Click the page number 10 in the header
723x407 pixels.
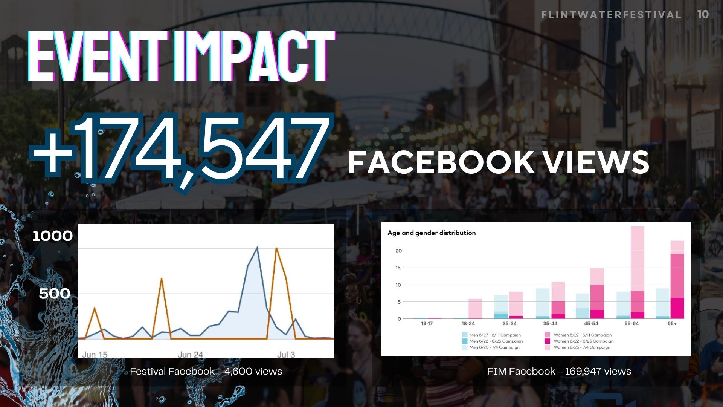(703, 15)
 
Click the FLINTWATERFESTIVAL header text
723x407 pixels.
(611, 15)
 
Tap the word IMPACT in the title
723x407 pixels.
(255, 57)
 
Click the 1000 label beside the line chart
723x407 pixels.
(52, 236)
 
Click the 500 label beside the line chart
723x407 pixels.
(55, 294)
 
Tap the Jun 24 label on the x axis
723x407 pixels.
(190, 355)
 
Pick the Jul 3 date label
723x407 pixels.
(286, 355)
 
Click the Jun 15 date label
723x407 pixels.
(95, 355)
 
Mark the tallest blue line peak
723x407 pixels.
(257, 248)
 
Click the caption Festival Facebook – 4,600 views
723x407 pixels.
(206, 371)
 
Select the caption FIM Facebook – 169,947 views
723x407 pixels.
(559, 371)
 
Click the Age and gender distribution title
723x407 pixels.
(432, 233)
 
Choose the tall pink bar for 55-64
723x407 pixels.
(637, 260)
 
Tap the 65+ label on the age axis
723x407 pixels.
(672, 324)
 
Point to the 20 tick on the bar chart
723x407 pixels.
(398, 251)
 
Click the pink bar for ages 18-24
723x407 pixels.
(475, 308)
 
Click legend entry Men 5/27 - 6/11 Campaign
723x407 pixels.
(495, 335)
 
